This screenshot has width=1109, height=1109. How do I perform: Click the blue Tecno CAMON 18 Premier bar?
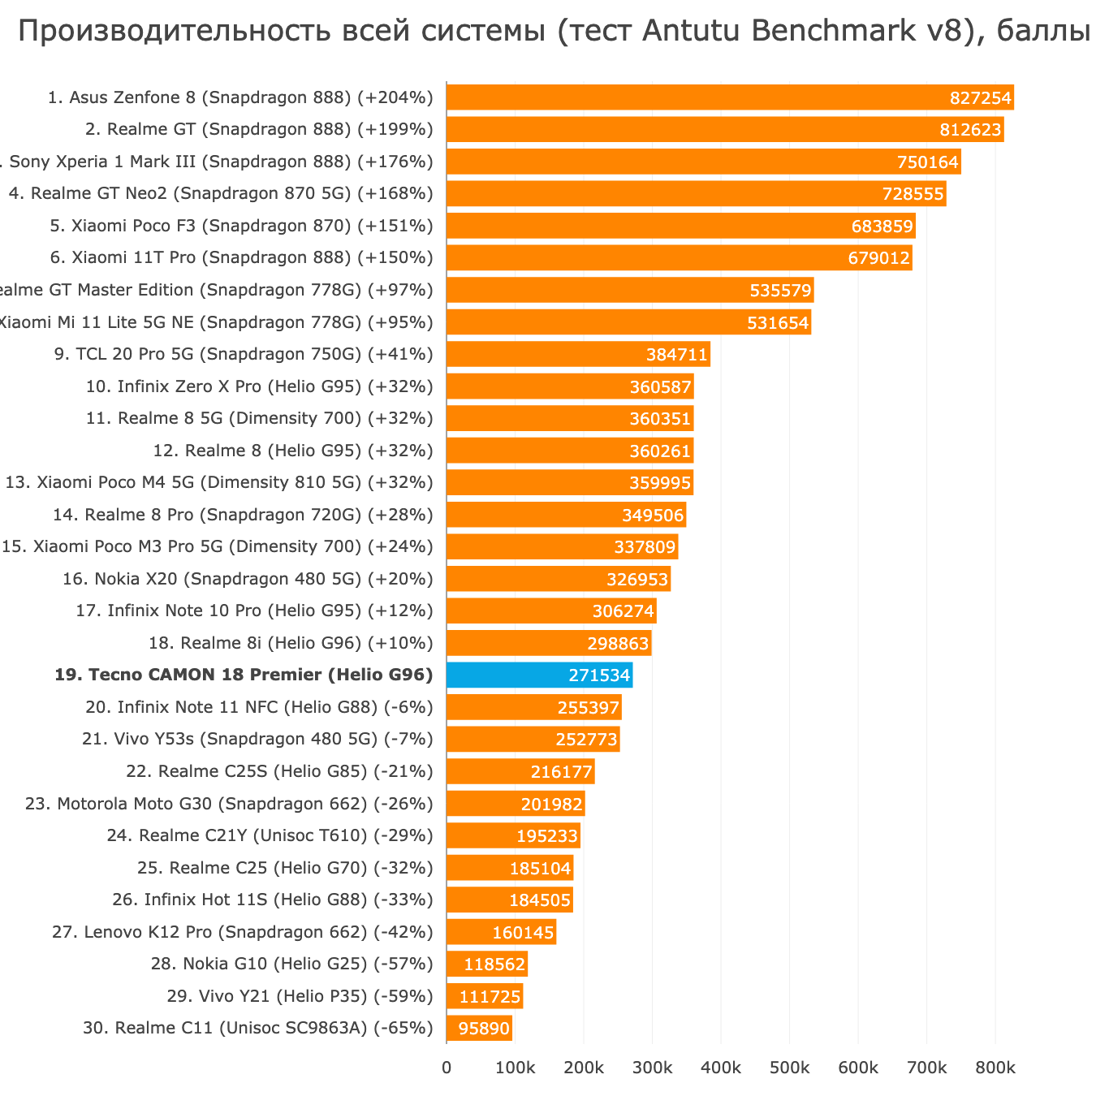pos(539,675)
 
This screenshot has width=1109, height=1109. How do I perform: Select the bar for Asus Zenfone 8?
pos(730,97)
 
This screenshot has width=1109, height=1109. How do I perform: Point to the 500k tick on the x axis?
pos(789,1068)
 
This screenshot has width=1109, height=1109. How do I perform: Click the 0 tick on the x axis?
pos(447,1068)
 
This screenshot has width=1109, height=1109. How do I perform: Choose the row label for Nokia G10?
pos(291,964)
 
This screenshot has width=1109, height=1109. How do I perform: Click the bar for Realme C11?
pos(479,1028)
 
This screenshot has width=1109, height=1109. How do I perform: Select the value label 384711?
pos(677,355)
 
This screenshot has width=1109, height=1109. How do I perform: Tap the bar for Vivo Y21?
pos(485,996)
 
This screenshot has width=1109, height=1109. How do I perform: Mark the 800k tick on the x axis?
pos(995,1068)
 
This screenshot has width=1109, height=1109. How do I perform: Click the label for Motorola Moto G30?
pos(229,804)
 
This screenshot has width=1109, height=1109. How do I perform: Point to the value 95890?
pos(485,1029)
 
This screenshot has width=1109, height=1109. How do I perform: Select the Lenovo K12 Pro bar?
pos(501,932)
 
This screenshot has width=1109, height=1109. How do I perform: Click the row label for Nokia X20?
pos(248,579)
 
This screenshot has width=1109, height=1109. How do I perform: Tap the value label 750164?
pos(928,162)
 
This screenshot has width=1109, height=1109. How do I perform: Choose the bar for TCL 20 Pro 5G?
pos(578,354)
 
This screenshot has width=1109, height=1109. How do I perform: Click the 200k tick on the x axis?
pos(584,1068)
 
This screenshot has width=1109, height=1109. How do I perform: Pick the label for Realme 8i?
pos(291,643)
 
